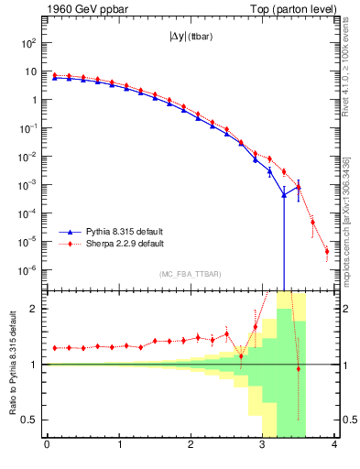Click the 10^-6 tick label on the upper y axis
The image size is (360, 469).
click(28, 271)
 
